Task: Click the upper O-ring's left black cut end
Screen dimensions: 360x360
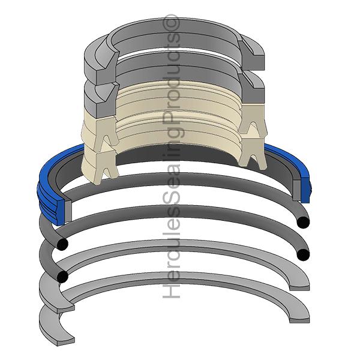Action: click(x=61, y=245)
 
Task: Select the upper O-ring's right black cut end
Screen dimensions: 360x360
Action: click(x=304, y=223)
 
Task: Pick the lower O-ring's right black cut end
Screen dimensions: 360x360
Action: click(x=302, y=254)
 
